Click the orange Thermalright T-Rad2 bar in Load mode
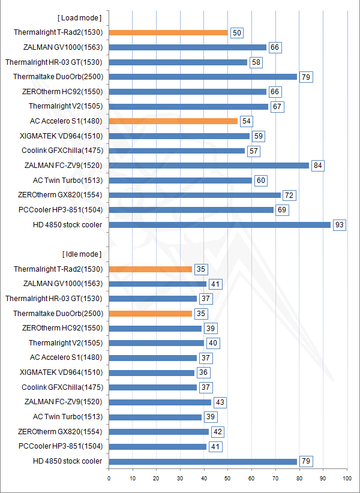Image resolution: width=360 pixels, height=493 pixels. pyautogui.click(x=168, y=32)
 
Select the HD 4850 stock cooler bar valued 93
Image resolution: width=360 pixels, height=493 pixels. pyautogui.click(x=220, y=224)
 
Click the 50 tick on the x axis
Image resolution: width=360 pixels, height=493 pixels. pyautogui.click(x=227, y=478)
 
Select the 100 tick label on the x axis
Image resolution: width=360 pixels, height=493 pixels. pyautogui.click(x=346, y=478)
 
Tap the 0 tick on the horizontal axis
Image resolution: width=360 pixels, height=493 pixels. pyautogui.click(x=109, y=478)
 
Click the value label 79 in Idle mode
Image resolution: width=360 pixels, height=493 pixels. pyautogui.click(x=305, y=461)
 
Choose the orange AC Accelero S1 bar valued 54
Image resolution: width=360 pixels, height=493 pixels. pyautogui.click(x=173, y=121)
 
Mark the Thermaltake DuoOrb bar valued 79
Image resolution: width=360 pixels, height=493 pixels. pyautogui.click(x=203, y=77)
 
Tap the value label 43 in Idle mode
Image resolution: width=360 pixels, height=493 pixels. pyautogui.click(x=220, y=402)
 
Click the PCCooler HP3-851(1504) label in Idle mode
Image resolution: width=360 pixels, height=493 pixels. pyautogui.click(x=61, y=446)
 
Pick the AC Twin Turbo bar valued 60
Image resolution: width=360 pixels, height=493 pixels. pyautogui.click(x=180, y=180)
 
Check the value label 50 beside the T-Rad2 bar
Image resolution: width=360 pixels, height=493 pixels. pyautogui.click(x=236, y=32)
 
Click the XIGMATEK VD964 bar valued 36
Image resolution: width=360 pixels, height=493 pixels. pyautogui.click(x=151, y=372)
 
